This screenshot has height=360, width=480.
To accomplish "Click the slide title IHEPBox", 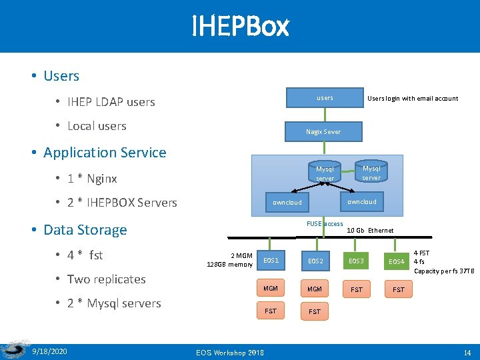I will pyautogui.click(x=240, y=27).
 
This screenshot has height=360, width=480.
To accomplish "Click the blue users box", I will pyautogui.click(x=325, y=98).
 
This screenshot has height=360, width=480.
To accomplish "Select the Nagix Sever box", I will pyautogui.click(x=323, y=131).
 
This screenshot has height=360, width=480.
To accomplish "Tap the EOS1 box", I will pyautogui.click(x=271, y=260).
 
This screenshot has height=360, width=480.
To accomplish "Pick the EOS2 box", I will pyautogui.click(x=315, y=261).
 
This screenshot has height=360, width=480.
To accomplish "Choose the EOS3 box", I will pyautogui.click(x=357, y=261).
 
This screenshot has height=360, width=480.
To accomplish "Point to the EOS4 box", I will pyautogui.click(x=397, y=261).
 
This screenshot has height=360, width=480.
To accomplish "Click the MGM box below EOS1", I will pyautogui.click(x=271, y=289).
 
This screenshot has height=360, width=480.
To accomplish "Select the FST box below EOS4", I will pyautogui.click(x=398, y=290).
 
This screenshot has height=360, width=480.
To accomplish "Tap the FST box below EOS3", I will pyautogui.click(x=357, y=290).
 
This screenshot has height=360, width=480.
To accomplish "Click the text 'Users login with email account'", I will pyautogui.click(x=413, y=99).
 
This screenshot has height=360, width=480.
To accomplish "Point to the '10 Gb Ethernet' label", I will pyautogui.click(x=370, y=231).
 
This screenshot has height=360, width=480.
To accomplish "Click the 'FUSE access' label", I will pyautogui.click(x=325, y=224).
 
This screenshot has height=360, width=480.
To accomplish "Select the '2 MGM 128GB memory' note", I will pyautogui.click(x=230, y=260).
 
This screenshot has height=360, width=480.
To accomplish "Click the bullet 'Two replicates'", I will pyautogui.click(x=107, y=279).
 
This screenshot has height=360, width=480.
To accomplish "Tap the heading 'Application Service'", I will pyautogui.click(x=105, y=153).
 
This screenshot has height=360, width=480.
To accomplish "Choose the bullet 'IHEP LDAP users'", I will pyautogui.click(x=111, y=102).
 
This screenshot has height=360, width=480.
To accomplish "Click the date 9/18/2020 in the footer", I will pyautogui.click(x=50, y=351).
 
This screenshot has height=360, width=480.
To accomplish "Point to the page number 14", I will pyautogui.click(x=467, y=351).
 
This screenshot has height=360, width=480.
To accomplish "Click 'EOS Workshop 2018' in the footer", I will pyautogui.click(x=229, y=352).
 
